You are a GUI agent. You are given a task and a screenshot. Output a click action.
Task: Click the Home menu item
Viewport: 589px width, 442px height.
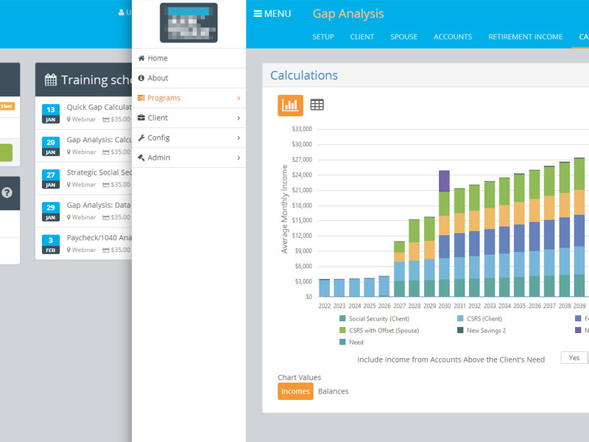[158, 58]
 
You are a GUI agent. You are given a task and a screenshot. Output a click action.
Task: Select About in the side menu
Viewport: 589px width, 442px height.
[158, 78]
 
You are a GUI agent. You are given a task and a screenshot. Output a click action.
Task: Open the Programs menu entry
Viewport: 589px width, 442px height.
[163, 98]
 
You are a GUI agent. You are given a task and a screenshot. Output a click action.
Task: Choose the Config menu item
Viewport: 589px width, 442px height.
[158, 138]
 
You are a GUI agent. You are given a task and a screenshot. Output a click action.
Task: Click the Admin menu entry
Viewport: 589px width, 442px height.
[158, 158]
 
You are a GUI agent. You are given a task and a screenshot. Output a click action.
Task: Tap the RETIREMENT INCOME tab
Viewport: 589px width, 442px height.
[525, 37]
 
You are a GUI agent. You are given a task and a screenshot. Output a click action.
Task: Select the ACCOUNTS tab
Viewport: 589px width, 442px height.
[453, 37]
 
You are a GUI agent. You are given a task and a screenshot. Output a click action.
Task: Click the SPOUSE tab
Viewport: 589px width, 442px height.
[404, 37]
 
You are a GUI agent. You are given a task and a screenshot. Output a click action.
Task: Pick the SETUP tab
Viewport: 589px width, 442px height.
[323, 37]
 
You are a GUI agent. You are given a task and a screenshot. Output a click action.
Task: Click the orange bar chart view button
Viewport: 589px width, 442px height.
[290, 105]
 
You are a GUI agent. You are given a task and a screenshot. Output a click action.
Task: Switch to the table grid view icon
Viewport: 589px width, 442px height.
[317, 105]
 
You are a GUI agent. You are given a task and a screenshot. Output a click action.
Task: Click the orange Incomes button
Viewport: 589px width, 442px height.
[295, 391]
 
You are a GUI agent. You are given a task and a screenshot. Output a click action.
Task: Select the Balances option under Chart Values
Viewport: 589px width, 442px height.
[334, 391]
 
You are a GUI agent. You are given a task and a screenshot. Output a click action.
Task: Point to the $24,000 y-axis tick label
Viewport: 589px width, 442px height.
[303, 175]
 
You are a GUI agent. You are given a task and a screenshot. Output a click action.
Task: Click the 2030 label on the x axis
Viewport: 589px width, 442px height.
[444, 306]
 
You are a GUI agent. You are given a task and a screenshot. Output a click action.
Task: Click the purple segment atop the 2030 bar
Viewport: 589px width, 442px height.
[444, 181]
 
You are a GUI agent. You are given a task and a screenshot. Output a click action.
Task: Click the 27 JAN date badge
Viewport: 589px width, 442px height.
[50, 178]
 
